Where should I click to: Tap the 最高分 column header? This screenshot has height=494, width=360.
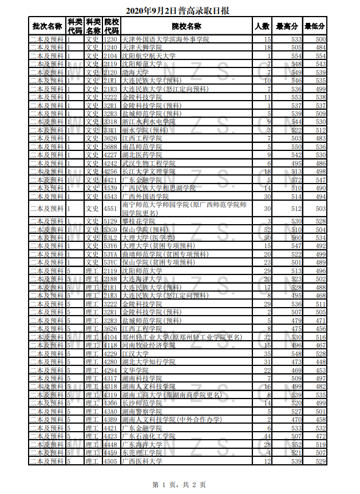pyautogui.click(x=287, y=26)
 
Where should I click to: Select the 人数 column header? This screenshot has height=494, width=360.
pyautogui.click(x=262, y=26)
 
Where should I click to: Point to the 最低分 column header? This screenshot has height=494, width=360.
pyautogui.click(x=315, y=26)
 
